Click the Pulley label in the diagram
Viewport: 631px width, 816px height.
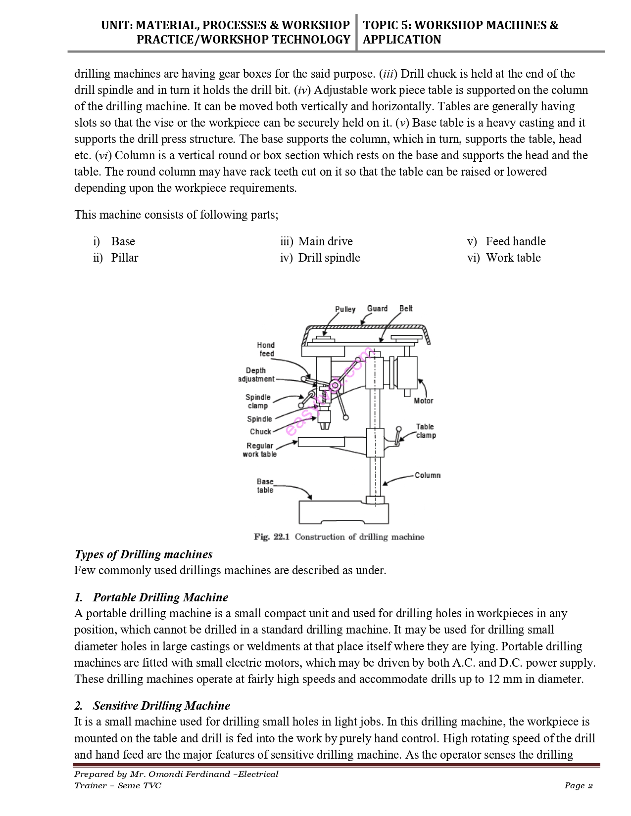coord(345,309)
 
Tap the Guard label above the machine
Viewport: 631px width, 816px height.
coord(377,309)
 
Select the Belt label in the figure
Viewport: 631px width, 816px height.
coord(406,309)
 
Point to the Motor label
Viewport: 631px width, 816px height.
coord(423,401)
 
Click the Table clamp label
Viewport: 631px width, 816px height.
coord(425,431)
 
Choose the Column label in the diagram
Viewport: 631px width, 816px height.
coord(427,475)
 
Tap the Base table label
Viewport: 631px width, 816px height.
coord(265,486)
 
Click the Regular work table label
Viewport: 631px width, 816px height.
coord(260,450)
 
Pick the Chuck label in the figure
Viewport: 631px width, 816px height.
coord(260,432)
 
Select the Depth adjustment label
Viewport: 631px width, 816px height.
coord(256,375)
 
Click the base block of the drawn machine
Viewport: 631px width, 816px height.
coord(343,512)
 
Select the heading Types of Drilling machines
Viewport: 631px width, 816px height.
coord(144,554)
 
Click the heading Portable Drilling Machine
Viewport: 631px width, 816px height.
coord(160,597)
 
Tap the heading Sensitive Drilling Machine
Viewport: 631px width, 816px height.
coord(161,706)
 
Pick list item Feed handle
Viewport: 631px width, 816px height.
coord(515,241)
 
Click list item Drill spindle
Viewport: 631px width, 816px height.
coord(329,258)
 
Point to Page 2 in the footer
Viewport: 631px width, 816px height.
coord(578,786)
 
